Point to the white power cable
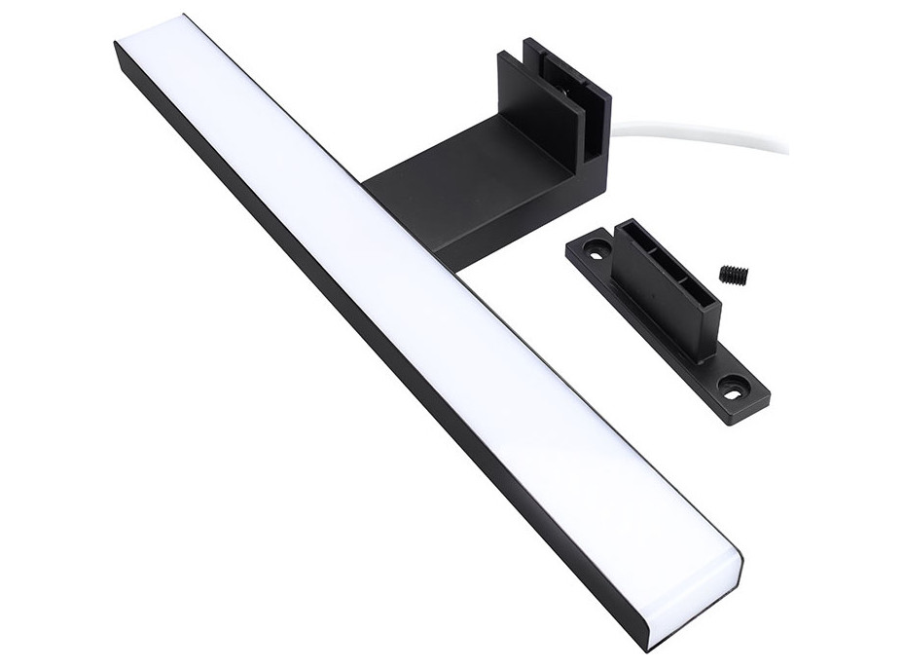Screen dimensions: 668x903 pyautogui.click(x=701, y=133)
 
